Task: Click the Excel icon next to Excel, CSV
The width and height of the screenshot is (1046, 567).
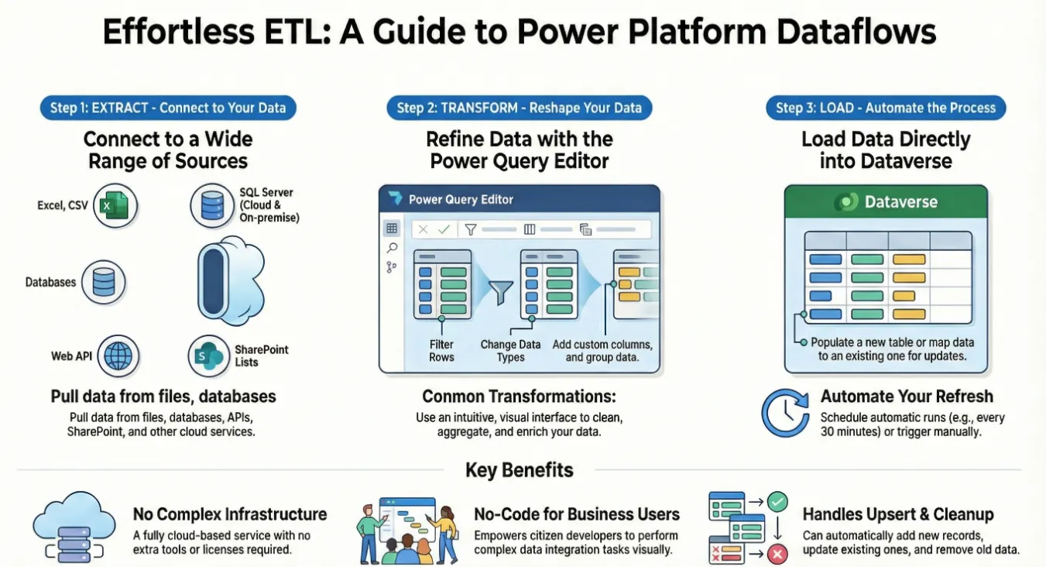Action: coord(115,205)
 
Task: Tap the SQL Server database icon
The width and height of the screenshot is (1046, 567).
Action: coord(212,205)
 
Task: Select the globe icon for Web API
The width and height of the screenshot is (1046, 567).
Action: coord(118,356)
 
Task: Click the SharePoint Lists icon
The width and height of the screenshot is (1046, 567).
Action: coord(209,356)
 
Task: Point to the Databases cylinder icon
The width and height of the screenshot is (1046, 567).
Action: coord(103,282)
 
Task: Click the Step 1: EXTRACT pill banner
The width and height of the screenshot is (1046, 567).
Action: coord(168,108)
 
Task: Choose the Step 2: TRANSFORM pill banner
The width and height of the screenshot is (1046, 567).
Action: coord(520,108)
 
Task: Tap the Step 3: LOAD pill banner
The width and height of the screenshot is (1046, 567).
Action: coord(886,108)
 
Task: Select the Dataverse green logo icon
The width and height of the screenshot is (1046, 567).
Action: coord(846,201)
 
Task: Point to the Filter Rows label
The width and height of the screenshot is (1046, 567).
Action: coord(441,351)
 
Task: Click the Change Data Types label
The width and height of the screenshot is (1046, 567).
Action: coord(510,351)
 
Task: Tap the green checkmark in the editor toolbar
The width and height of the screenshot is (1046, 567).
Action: coord(444,229)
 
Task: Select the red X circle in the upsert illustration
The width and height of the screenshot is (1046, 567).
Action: coord(777,555)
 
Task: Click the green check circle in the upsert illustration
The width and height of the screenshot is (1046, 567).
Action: coord(777,502)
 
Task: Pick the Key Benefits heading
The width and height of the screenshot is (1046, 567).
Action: coord(520,470)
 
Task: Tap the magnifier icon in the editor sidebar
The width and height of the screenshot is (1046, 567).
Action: coord(393,248)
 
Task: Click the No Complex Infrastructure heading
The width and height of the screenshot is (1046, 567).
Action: coord(230,514)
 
